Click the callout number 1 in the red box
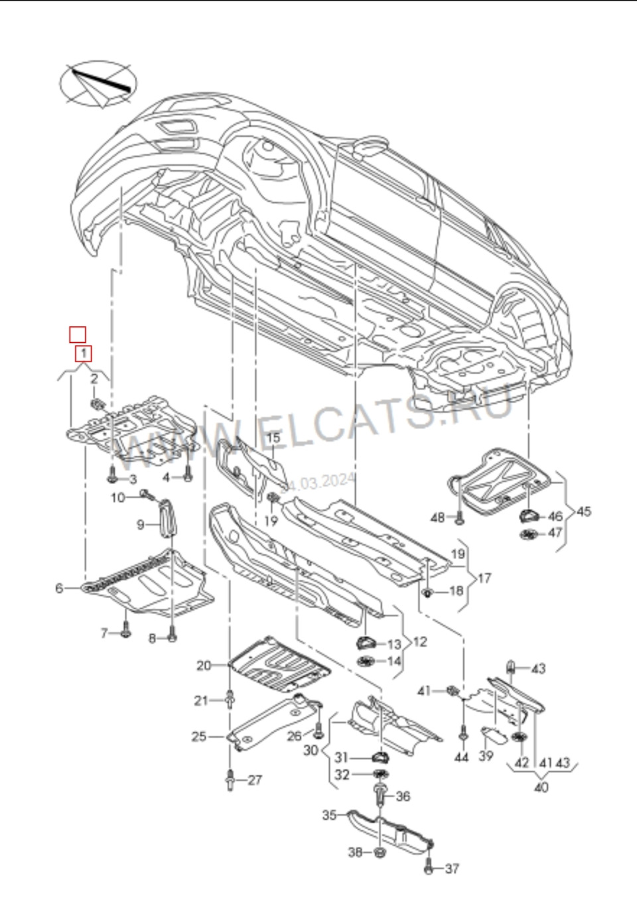84,353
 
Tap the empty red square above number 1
78,334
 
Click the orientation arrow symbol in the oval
99,84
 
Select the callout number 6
59,588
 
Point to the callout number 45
584,511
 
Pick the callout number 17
484,578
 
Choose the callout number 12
419,642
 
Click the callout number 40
541,789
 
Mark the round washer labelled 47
528,534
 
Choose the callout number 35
330,815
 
